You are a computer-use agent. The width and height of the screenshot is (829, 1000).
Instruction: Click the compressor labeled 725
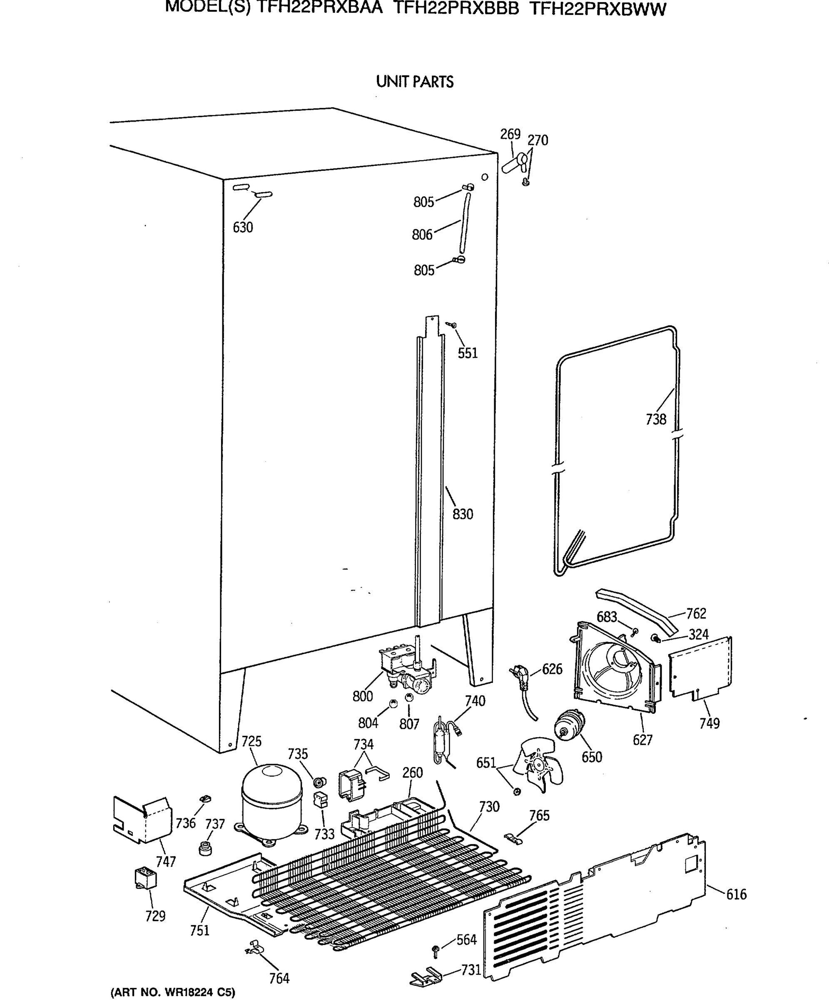[272, 802]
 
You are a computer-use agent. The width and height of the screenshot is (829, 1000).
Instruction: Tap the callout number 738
[655, 420]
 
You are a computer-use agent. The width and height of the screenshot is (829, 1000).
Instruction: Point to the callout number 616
[736, 895]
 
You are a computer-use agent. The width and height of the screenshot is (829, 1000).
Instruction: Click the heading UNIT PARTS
[415, 82]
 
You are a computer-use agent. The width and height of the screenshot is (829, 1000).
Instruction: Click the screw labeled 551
[452, 325]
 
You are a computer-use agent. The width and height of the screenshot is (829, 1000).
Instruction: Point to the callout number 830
[463, 514]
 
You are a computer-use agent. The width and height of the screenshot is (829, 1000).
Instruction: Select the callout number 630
[243, 227]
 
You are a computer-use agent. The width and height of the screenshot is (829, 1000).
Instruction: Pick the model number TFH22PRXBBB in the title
[456, 9]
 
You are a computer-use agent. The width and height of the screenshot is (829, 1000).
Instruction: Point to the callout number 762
[696, 614]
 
